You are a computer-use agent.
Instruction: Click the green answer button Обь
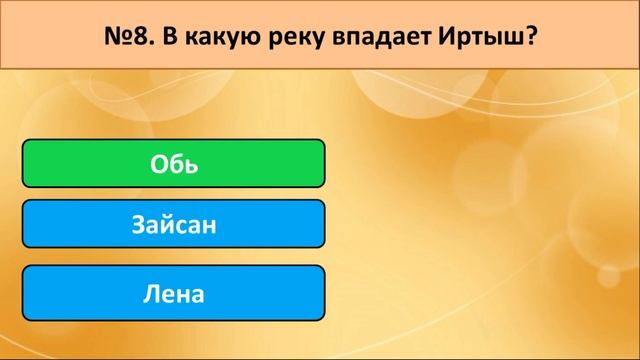click(173, 164)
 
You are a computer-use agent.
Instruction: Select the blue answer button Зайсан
click(173, 225)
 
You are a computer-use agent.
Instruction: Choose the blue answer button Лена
click(173, 294)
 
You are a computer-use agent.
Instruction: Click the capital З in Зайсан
click(137, 225)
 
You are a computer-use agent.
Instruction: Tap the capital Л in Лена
click(150, 294)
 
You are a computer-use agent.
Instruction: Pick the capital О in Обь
click(158, 164)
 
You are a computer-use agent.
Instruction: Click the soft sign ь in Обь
click(189, 164)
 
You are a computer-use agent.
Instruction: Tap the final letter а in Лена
click(197, 294)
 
